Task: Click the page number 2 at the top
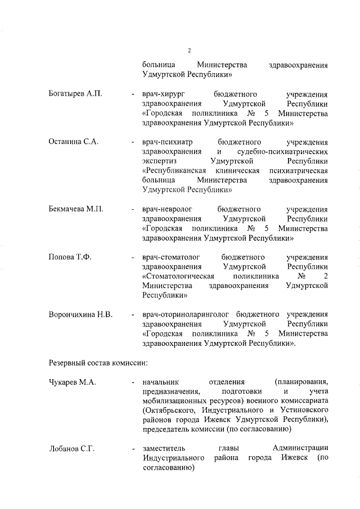point(190,51)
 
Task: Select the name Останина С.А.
point(74,142)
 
